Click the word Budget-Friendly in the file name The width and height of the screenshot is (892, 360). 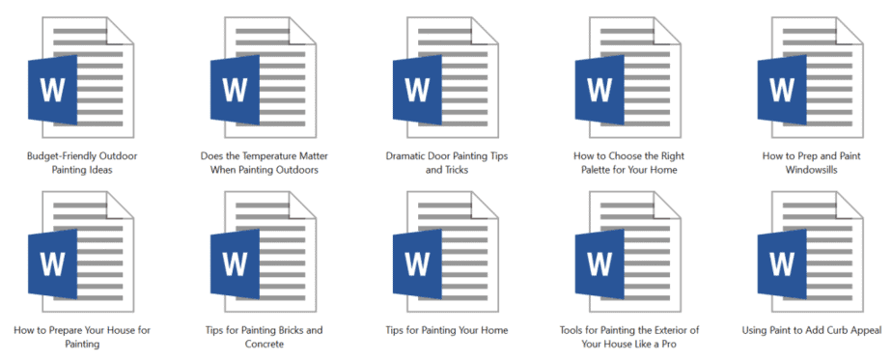coord(61,154)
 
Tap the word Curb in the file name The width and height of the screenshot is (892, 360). coord(824,330)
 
